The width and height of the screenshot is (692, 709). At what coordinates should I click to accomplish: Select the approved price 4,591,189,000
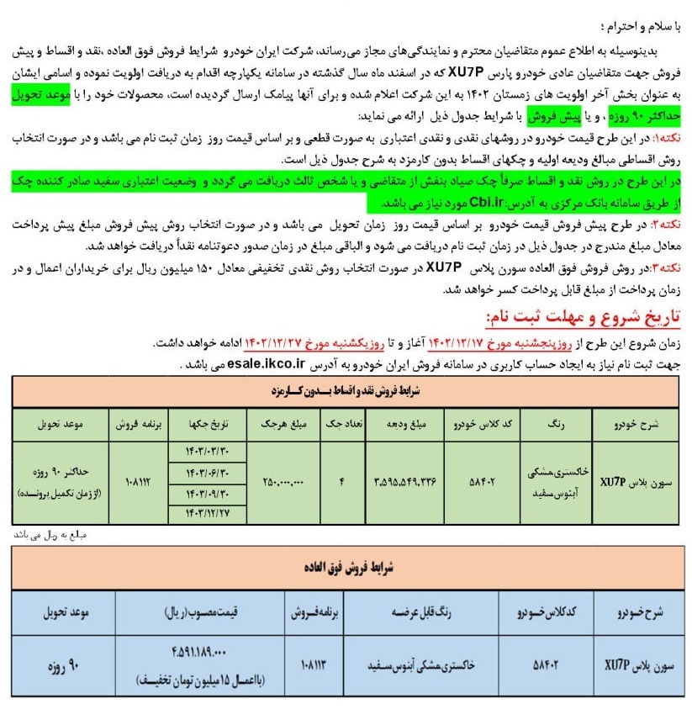point(198,653)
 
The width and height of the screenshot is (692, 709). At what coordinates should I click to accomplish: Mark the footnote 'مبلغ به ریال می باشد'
point(50,533)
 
